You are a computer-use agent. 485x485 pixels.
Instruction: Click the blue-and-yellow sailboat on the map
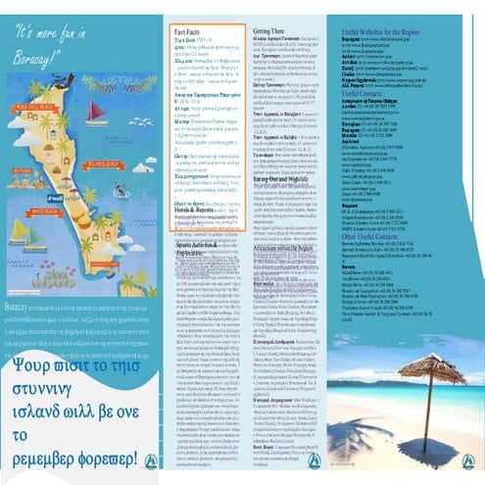pos(27,235)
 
